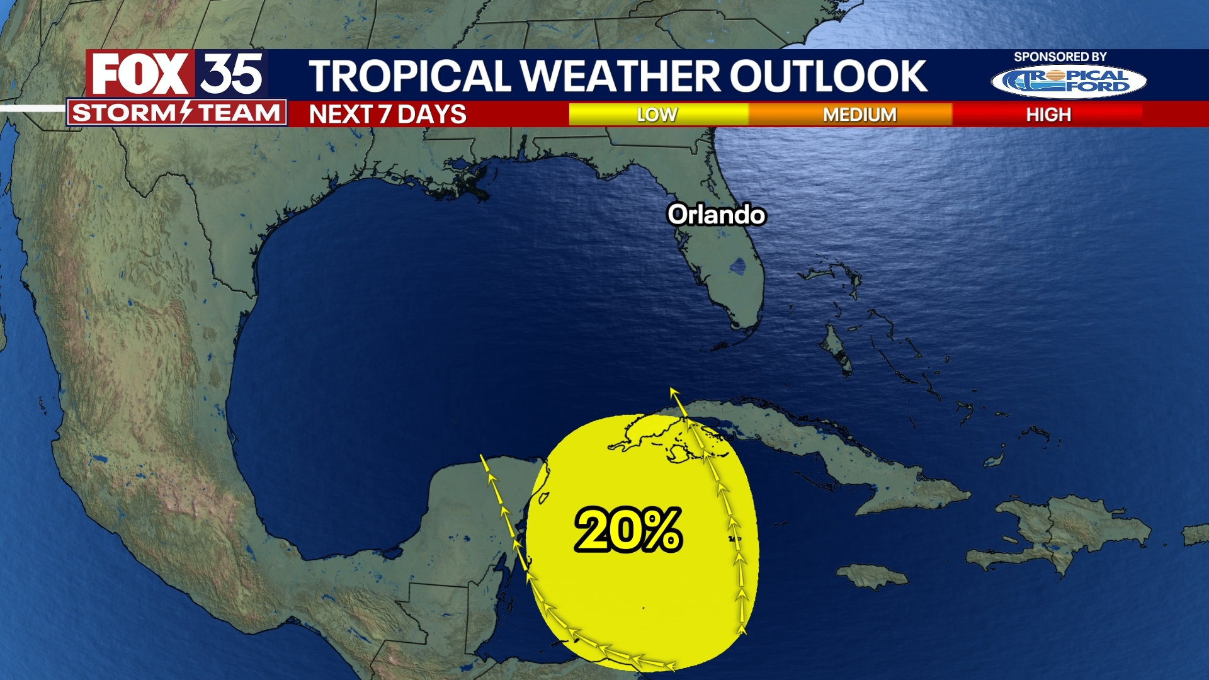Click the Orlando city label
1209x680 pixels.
click(716, 215)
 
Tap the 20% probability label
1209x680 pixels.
click(628, 530)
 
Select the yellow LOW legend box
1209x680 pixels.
click(658, 114)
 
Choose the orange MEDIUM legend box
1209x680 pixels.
click(859, 114)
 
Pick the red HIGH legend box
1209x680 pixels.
click(1048, 114)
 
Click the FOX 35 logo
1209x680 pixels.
click(177, 74)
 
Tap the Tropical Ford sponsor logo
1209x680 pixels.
click(1069, 81)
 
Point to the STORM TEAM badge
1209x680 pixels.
click(176, 113)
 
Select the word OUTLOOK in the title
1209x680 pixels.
click(828, 76)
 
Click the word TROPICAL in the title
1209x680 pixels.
click(410, 76)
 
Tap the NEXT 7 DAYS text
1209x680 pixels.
click(387, 114)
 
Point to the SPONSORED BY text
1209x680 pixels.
click(1060, 57)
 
